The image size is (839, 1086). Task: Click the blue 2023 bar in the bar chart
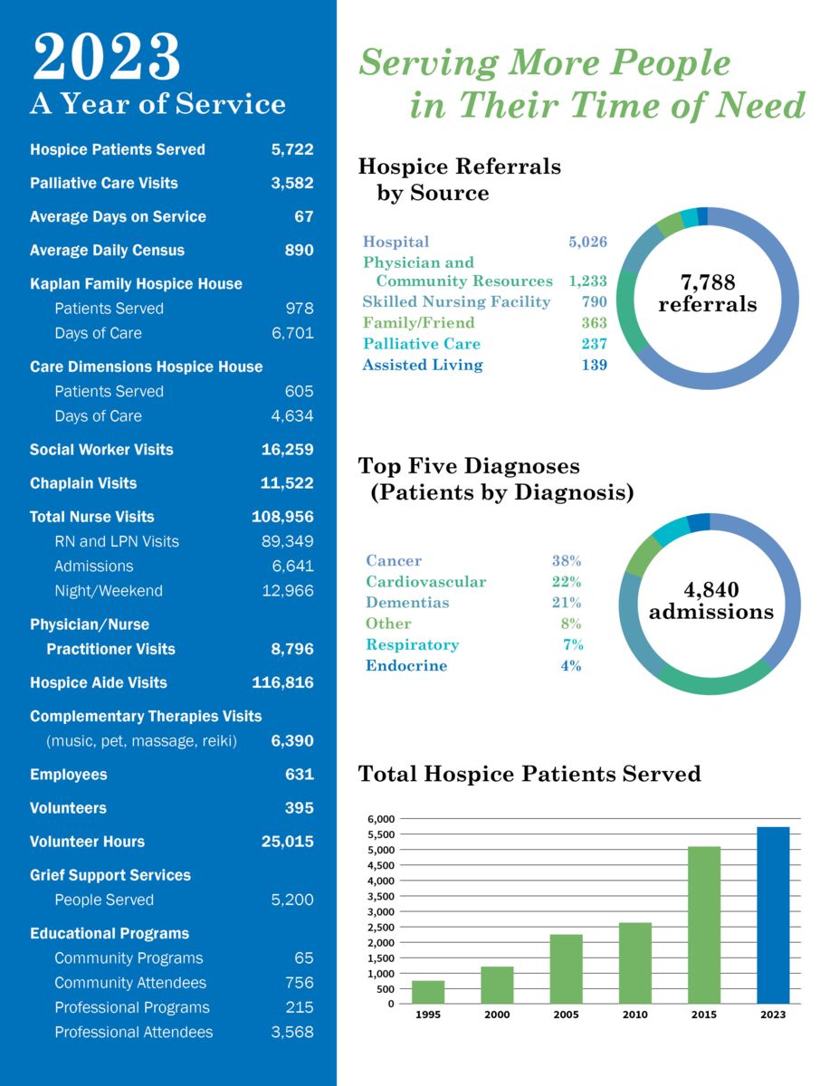pyautogui.click(x=773, y=915)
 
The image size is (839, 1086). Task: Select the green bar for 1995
pyautogui.click(x=428, y=992)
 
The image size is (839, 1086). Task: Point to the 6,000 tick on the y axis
pyautogui.click(x=380, y=819)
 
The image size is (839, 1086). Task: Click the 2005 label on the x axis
pyautogui.click(x=566, y=1015)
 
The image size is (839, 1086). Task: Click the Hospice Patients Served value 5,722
pyautogui.click(x=292, y=149)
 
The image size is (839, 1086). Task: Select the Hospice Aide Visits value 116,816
pyautogui.click(x=282, y=682)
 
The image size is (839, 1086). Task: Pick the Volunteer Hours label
pyautogui.click(x=87, y=842)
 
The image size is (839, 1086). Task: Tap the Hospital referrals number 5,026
pyautogui.click(x=587, y=242)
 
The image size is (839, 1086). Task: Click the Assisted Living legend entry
pyautogui.click(x=423, y=365)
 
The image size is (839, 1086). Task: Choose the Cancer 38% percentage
pyautogui.click(x=567, y=561)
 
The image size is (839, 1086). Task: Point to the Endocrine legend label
pyautogui.click(x=406, y=666)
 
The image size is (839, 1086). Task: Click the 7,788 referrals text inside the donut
pyautogui.click(x=708, y=294)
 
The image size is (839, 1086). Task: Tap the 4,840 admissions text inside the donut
pyautogui.click(x=711, y=601)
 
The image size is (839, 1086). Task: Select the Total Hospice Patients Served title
pyautogui.click(x=529, y=774)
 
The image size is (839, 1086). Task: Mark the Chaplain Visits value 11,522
pyautogui.click(x=287, y=483)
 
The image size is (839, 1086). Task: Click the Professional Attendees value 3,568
pyautogui.click(x=292, y=1033)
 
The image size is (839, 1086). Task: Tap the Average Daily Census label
pyautogui.click(x=107, y=251)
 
